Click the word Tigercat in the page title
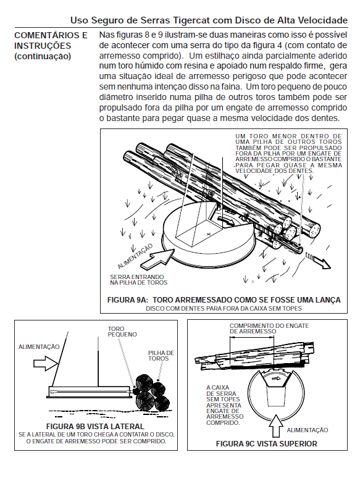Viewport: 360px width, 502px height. pos(191,20)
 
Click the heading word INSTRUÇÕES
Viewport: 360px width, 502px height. pos(42,46)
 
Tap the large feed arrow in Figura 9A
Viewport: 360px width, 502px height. pos(157,259)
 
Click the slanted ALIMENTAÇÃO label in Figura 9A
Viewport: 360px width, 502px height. pos(135,256)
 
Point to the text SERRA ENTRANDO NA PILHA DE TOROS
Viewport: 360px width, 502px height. pos(139,280)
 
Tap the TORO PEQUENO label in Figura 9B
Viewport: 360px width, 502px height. pos(122,332)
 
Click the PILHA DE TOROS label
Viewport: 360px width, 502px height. pos(161,356)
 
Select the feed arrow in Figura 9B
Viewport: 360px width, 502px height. pos(46,363)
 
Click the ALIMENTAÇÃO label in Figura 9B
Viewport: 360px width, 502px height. pos(39,347)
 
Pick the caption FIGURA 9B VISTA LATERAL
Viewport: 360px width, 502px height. pos(95,427)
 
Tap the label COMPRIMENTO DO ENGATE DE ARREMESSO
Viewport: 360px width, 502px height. pos(269,328)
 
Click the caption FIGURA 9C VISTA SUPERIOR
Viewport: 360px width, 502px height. pos(267,444)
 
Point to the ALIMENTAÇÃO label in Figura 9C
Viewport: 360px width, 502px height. pos(308,430)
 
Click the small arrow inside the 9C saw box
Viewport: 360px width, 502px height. pos(276,379)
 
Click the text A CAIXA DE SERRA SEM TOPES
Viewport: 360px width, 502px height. pos(224,393)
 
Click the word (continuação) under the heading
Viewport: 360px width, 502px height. pos(42,56)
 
